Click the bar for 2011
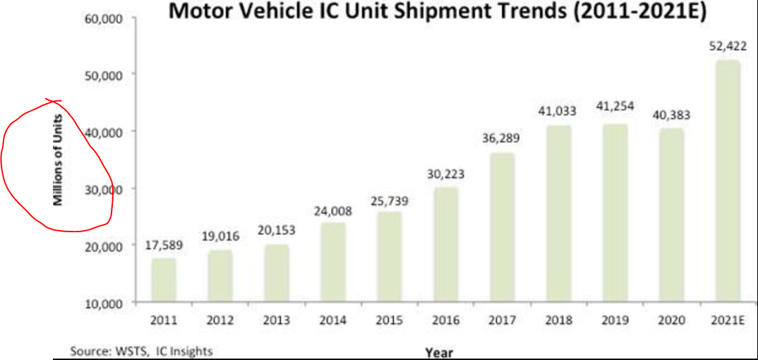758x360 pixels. pyautogui.click(x=164, y=280)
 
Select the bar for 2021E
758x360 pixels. pyautogui.click(x=727, y=181)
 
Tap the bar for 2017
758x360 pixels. pyautogui.click(x=502, y=227)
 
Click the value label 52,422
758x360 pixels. pyautogui.click(x=727, y=47)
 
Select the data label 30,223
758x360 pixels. pyautogui.click(x=445, y=173)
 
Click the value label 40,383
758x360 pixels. pyautogui.click(x=670, y=114)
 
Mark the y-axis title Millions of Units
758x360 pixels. pyautogui.click(x=59, y=161)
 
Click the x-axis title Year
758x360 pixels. pyautogui.click(x=439, y=352)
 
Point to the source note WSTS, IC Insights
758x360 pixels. pyautogui.click(x=141, y=350)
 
